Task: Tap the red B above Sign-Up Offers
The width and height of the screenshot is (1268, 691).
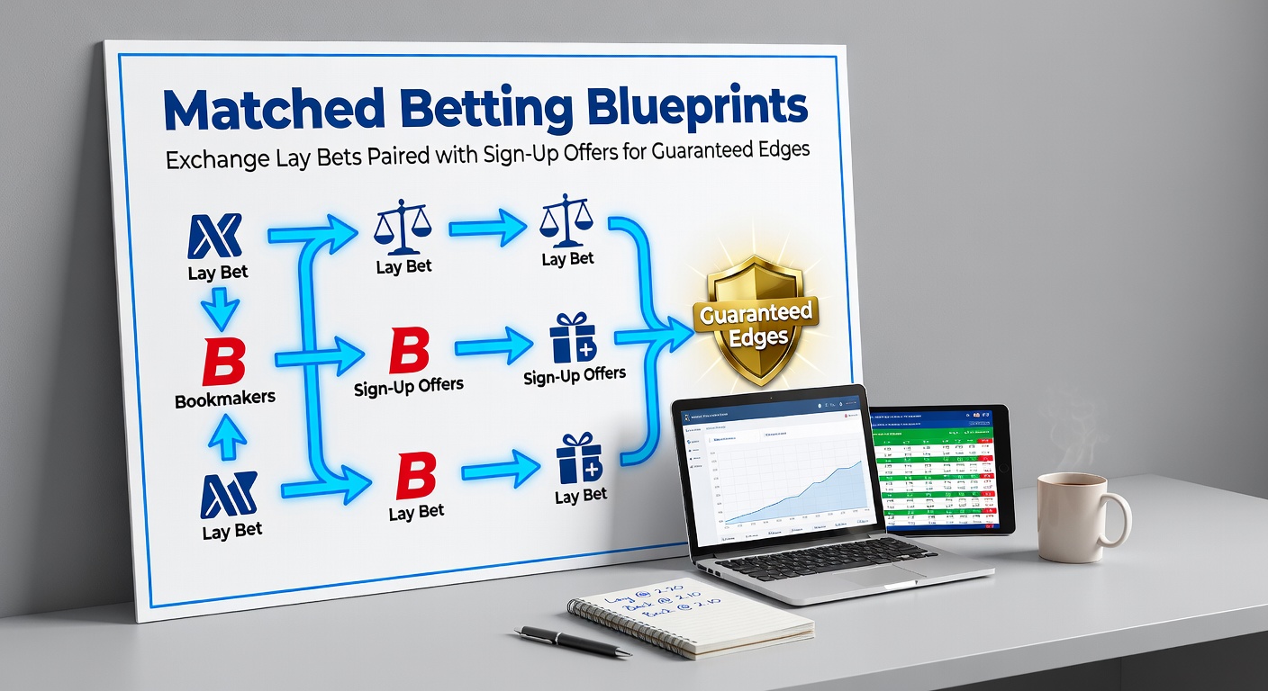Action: [x=408, y=351]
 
